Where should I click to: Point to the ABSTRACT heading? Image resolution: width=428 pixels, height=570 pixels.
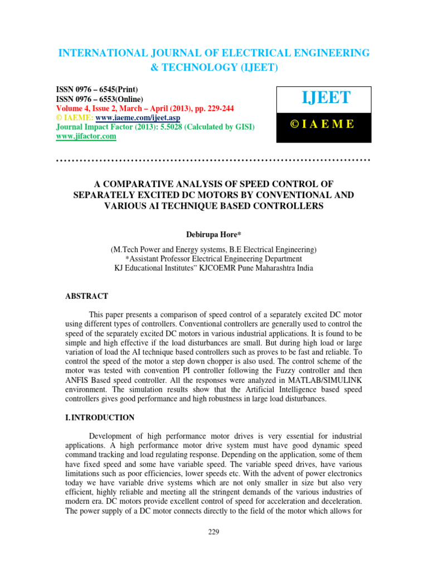[x=87, y=296]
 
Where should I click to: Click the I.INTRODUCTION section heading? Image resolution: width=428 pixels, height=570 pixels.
[x=100, y=417]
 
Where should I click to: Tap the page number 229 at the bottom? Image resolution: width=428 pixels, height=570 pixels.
[x=214, y=532]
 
